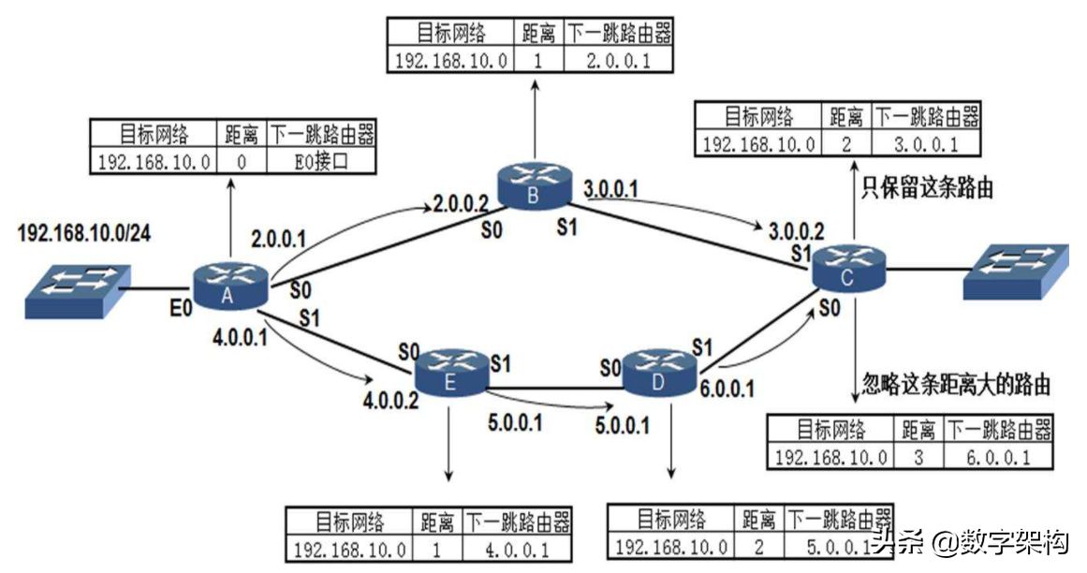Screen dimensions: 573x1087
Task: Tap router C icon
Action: pyautogui.click(x=847, y=269)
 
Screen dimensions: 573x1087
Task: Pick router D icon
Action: pyautogui.click(x=658, y=372)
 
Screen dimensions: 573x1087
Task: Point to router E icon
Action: pyautogui.click(x=451, y=371)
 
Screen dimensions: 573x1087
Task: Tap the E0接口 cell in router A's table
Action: pyautogui.click(x=321, y=162)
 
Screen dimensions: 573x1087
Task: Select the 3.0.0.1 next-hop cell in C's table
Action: pyautogui.click(x=926, y=143)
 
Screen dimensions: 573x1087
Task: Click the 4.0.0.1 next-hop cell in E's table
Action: pyautogui.click(x=518, y=548)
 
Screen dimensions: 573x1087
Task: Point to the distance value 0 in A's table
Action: pyautogui.click(x=241, y=162)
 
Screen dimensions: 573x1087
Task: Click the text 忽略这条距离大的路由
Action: pyautogui.click(x=955, y=384)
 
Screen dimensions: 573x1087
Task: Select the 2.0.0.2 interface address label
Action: pyautogui.click(x=461, y=202)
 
